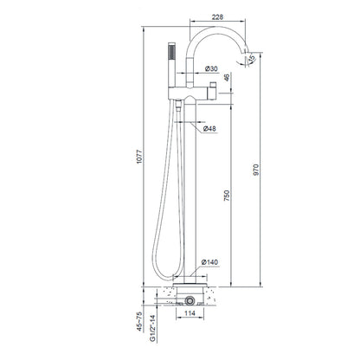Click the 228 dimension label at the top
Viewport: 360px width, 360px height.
click(217, 17)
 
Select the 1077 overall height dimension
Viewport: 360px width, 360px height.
click(139, 157)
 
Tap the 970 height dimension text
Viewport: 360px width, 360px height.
click(256, 170)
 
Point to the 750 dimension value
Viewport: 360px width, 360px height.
click(227, 196)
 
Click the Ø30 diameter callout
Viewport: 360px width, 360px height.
click(211, 68)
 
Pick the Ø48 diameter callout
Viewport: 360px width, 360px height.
click(209, 129)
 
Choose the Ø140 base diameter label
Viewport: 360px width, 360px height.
click(209, 262)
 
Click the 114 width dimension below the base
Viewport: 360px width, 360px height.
click(190, 313)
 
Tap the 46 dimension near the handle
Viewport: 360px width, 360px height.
click(227, 77)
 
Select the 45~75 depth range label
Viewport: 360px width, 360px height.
click(139, 322)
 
